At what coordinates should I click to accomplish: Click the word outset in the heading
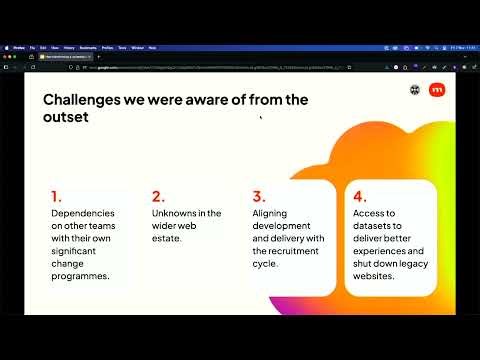pyautogui.click(x=64, y=117)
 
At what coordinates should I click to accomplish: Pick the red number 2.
pyautogui.click(x=157, y=197)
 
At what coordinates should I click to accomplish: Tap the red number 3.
pyautogui.click(x=258, y=197)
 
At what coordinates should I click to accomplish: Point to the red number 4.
pyautogui.click(x=359, y=197)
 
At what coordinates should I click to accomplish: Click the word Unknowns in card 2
pyautogui.click(x=180, y=213)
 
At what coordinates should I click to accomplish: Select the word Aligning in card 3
pyautogui.click(x=272, y=213)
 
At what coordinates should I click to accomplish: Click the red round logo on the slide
pyautogui.click(x=437, y=90)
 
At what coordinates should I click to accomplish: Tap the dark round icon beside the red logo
pyautogui.click(x=415, y=90)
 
